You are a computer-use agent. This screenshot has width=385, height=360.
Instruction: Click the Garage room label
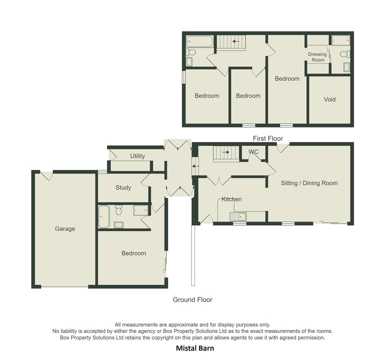65,229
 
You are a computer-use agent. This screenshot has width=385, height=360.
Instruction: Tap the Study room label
123,188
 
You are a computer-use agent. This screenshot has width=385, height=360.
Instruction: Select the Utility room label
137,156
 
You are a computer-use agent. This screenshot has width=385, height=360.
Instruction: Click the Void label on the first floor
329,99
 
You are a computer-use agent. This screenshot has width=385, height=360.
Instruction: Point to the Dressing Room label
317,57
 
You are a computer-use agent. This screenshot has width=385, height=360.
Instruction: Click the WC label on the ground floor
253,152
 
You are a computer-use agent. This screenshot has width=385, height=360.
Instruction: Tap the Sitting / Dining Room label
309,183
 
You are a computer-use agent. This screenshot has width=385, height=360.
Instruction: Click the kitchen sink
238,217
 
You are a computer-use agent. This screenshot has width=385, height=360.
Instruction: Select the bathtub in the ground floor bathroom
104,217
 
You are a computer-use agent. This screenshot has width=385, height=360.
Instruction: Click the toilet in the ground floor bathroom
119,210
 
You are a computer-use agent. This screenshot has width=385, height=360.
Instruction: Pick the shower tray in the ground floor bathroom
141,210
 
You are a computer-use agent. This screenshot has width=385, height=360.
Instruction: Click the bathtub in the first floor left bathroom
199,41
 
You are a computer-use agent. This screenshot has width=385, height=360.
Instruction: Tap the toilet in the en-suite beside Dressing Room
345,54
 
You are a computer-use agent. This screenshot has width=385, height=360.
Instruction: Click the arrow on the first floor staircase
236,41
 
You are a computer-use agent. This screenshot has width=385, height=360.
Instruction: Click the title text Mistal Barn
195,348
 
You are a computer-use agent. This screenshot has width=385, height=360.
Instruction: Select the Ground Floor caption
192,300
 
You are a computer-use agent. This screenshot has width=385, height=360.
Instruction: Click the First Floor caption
268,138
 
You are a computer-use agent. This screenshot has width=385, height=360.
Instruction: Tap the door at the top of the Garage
47,175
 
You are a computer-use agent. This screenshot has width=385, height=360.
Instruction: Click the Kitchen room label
232,199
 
